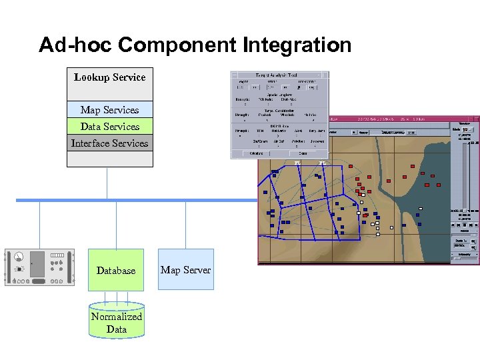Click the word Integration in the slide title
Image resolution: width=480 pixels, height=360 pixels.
click(297, 45)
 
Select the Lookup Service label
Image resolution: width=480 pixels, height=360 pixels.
click(109, 77)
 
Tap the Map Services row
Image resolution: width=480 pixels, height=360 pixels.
click(109, 110)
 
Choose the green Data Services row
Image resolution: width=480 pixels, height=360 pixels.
click(109, 127)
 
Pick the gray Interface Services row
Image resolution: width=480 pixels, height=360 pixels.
click(109, 143)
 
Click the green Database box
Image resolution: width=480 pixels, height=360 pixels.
click(116, 270)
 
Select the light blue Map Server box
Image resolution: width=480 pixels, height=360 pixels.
click(185, 269)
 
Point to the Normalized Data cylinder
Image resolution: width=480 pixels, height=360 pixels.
click(117, 322)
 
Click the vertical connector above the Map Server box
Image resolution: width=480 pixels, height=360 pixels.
click(185, 225)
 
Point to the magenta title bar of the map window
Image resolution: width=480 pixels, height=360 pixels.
click(373, 119)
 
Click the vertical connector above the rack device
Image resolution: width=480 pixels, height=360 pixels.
click(39, 225)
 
